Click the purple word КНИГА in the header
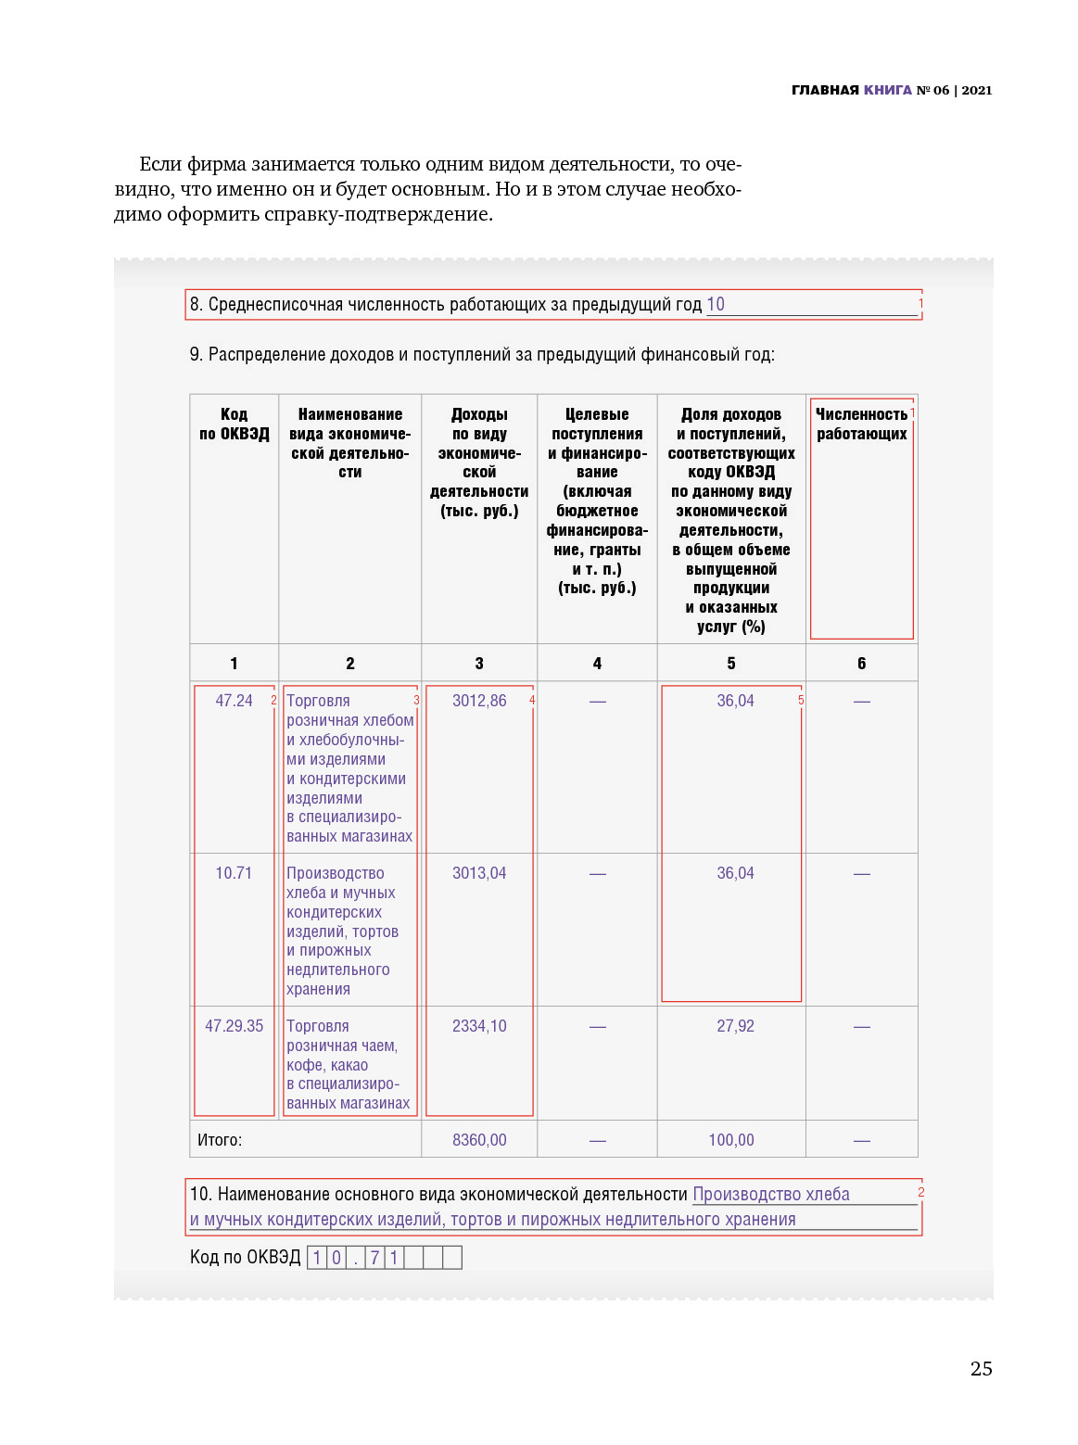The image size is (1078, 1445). [888, 90]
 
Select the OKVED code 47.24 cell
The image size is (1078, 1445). [234, 701]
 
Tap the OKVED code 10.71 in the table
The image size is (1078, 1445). [234, 873]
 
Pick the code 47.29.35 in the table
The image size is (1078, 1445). [234, 1026]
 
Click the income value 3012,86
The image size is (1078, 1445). [479, 701]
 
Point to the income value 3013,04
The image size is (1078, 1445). [479, 873]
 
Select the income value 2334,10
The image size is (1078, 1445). [479, 1026]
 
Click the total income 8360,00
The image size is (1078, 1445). [479, 1140]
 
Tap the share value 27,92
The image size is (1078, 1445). [735, 1026]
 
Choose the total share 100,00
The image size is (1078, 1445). [731, 1140]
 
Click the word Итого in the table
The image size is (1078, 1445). [220, 1140]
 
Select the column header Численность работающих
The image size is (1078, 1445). [861, 424]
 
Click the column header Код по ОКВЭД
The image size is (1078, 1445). [235, 424]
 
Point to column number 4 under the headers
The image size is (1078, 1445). [597, 664]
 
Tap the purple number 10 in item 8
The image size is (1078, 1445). [716, 304]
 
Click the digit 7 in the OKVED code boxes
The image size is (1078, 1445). [374, 1258]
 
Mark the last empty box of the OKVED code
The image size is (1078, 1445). [452, 1258]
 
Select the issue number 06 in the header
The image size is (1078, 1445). [941, 90]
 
